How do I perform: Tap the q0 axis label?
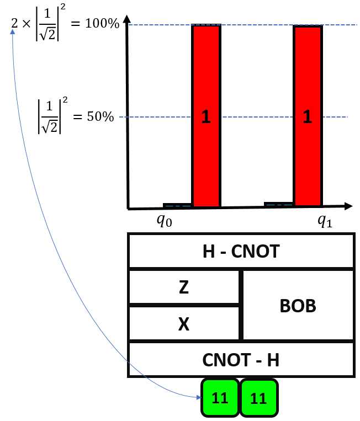[x=164, y=221]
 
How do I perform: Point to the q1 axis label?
[x=325, y=221]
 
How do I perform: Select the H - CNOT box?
[x=241, y=252]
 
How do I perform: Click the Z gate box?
[x=184, y=287]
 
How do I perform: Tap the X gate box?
[x=184, y=323]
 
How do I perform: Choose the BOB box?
[x=298, y=305]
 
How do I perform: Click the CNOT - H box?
[x=241, y=360]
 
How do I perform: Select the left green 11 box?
[x=220, y=398]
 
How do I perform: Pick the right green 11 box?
[x=258, y=398]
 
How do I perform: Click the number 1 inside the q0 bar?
[x=206, y=116]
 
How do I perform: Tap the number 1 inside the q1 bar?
[x=308, y=116]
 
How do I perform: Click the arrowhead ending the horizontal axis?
[x=348, y=206]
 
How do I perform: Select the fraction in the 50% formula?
[x=50, y=116]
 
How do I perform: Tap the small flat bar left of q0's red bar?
[x=177, y=205]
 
